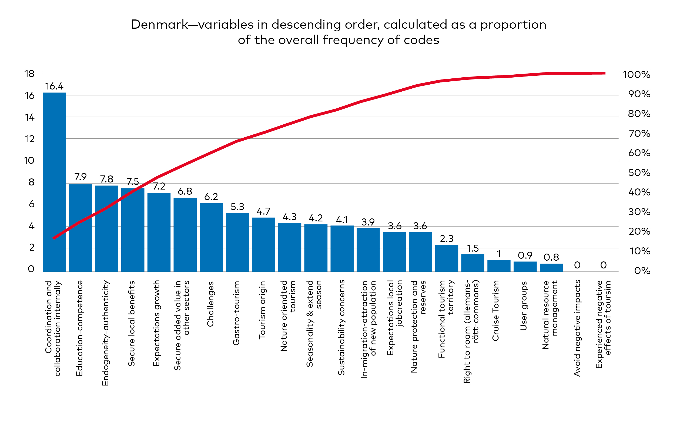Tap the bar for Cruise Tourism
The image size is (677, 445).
(499, 266)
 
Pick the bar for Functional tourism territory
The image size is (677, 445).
(446, 258)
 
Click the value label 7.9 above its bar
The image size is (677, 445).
(80, 177)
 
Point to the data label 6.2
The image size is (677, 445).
(211, 197)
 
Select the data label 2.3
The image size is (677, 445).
(446, 239)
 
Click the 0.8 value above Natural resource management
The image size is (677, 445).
(551, 257)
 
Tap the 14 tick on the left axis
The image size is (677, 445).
(30, 117)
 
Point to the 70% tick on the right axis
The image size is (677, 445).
(639, 134)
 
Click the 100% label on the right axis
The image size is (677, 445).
(636, 75)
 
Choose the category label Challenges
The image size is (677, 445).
(210, 304)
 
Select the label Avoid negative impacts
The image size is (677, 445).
(577, 328)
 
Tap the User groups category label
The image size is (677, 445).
(523, 306)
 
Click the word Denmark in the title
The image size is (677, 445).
(159, 25)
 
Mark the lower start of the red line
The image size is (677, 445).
(54, 238)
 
